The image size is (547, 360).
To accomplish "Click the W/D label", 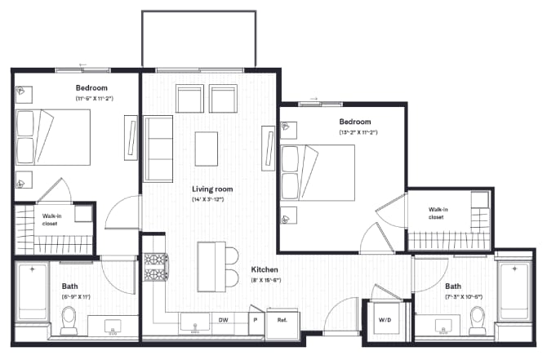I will click(385, 320).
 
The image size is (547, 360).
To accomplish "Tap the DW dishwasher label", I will click(223, 320).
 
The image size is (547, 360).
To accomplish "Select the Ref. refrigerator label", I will click(282, 320).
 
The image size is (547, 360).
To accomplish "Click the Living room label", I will click(208, 189).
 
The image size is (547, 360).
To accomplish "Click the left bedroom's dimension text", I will click(94, 98).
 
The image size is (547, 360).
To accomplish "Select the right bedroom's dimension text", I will click(358, 132).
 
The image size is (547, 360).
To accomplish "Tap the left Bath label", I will click(70, 286).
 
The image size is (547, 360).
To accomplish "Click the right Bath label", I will click(452, 287).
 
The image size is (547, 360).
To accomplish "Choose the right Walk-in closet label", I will click(436, 213).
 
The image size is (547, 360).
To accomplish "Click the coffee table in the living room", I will click(207, 149).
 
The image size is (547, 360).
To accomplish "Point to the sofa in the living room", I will click(158, 149).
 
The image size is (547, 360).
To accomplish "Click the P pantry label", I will click(256, 320).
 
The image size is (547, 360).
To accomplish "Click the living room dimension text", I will click(208, 199).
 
